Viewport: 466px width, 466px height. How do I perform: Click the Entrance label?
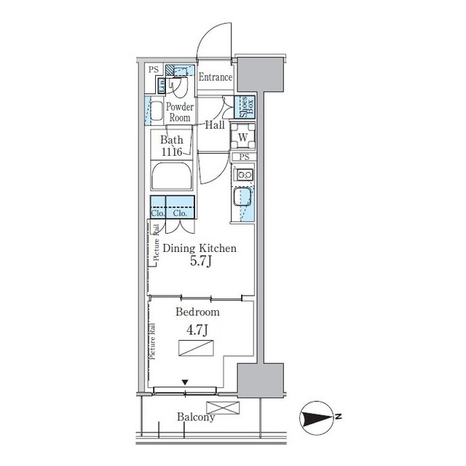(x=216, y=77)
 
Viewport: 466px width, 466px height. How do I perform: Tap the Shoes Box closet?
(x=245, y=107)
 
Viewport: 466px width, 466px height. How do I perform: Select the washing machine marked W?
(x=242, y=136)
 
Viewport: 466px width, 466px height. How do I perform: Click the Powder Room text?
(x=180, y=112)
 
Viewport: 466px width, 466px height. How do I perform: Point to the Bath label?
(x=172, y=140)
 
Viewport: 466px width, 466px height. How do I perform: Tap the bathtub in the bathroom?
(x=172, y=175)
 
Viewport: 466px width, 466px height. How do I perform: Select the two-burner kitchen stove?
(x=243, y=175)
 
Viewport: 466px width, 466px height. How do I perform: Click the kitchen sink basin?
(x=241, y=197)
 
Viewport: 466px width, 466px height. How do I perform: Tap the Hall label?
(x=215, y=125)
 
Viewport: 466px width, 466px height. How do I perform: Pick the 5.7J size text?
(x=201, y=261)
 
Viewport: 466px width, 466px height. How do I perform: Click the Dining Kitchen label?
(x=200, y=248)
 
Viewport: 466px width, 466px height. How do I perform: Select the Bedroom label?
(x=197, y=312)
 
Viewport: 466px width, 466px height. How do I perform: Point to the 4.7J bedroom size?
(x=197, y=330)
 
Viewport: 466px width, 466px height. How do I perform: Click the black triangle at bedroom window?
(x=185, y=382)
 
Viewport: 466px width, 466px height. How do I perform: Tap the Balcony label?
(x=196, y=417)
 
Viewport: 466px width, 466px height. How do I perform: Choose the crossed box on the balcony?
(x=223, y=408)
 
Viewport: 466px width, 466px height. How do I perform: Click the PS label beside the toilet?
(x=154, y=70)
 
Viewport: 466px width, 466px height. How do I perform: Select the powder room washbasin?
(x=156, y=111)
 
